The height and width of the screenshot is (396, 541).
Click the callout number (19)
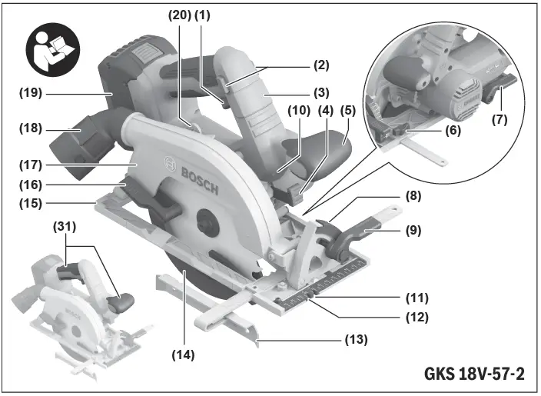click(32, 95)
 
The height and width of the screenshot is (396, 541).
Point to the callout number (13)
click(357, 339)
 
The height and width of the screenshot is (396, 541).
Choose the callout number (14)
click(184, 355)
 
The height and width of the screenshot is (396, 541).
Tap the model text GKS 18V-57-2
click(474, 376)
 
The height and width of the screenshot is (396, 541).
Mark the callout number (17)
click(32, 164)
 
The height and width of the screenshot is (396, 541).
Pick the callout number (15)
click(32, 203)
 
